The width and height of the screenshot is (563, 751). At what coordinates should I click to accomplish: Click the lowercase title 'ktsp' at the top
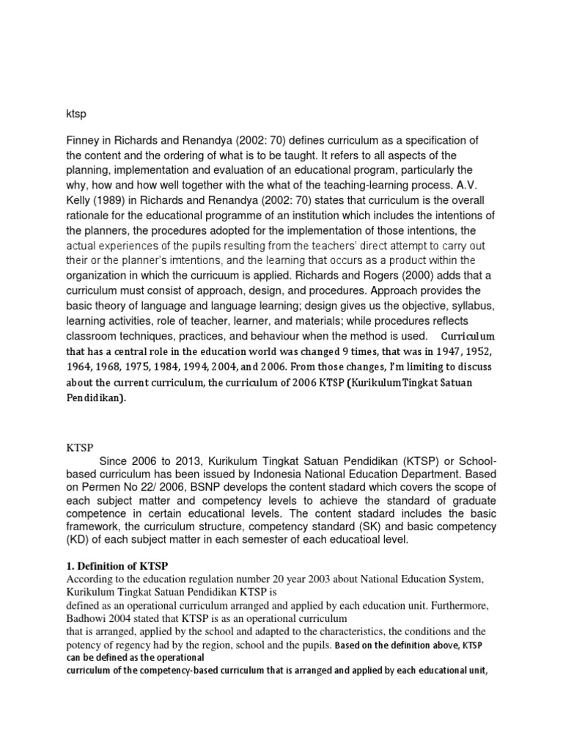(x=76, y=114)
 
